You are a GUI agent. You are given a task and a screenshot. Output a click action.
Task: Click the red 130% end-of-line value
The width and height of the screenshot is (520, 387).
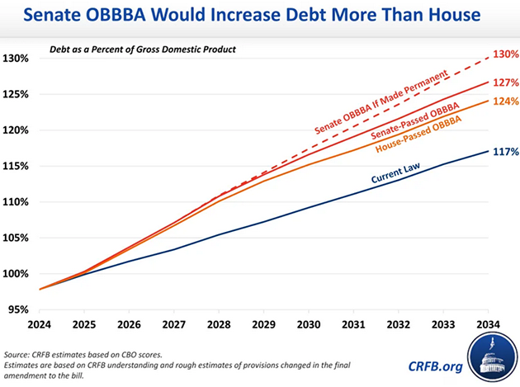tap(504, 54)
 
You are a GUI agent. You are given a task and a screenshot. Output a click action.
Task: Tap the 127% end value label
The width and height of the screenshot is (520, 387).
tap(504, 83)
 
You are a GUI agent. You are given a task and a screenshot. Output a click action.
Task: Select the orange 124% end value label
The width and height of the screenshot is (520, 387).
tap(504, 101)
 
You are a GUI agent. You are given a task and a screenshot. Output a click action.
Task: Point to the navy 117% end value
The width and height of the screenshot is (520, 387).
tap(504, 152)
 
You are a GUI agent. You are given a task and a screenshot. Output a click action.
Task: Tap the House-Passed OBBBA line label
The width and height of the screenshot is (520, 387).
tap(417, 134)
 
